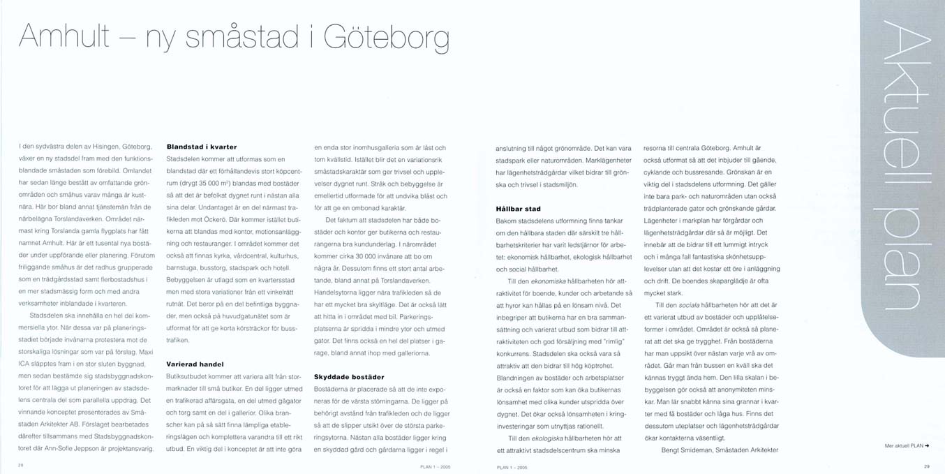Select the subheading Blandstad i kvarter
pos(202,147)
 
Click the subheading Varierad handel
pos(195,364)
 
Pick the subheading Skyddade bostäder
pos(349,376)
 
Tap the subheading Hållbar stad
pos(518,209)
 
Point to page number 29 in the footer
pos(926,466)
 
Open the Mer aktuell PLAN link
pos(907,445)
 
